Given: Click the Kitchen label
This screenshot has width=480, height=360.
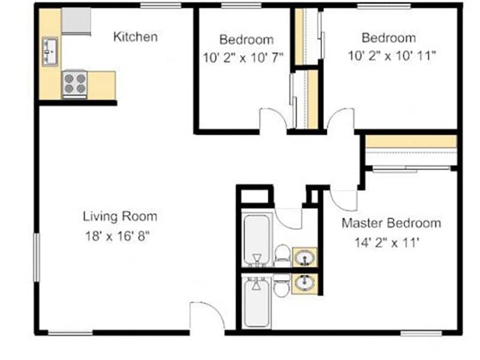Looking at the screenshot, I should [136, 37].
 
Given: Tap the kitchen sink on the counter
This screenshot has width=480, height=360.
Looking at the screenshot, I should [49, 51].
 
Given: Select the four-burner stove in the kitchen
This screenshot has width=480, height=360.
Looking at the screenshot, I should [74, 83].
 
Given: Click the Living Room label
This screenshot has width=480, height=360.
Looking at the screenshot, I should [120, 216].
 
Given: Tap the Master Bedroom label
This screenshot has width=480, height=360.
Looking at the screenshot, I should [391, 223].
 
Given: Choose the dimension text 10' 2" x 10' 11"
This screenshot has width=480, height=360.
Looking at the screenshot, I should [392, 57].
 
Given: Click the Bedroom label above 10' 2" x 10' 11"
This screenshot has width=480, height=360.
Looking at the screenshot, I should [388, 37].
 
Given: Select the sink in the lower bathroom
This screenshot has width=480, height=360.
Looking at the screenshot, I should [305, 282].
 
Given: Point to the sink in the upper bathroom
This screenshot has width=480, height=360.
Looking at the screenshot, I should [305, 257].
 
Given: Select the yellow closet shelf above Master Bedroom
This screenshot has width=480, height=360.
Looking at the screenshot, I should [411, 141].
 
